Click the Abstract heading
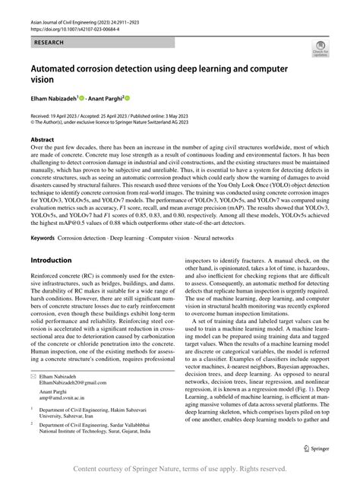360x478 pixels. [42, 140]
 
